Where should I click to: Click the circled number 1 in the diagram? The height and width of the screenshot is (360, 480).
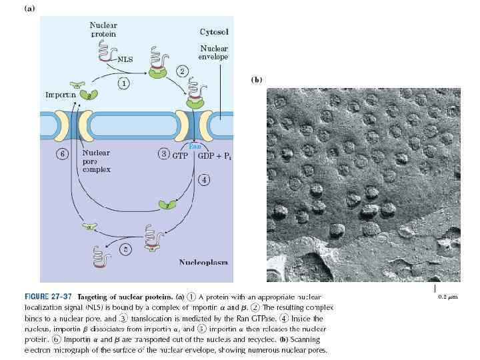click(123, 83)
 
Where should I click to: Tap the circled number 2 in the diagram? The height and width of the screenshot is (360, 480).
click(181, 71)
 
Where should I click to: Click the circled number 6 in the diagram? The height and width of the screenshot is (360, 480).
click(62, 154)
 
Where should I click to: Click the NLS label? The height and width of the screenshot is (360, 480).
click(125, 59)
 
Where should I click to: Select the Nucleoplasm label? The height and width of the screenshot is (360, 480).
click(203, 262)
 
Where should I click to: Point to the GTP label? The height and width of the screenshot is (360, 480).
click(179, 155)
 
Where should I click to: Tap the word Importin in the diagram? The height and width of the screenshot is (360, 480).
click(59, 95)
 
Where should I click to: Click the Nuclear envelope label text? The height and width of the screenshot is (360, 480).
click(214, 53)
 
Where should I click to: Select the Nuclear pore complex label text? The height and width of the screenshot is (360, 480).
click(95, 161)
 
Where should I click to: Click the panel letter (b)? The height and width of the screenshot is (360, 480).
click(257, 80)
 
